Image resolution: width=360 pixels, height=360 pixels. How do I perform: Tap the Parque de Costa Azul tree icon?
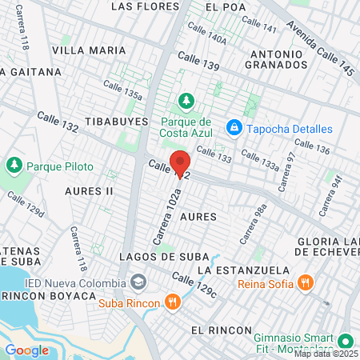pyautogui.click(x=186, y=100)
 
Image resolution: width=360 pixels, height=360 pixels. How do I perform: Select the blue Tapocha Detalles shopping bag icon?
pyautogui.click(x=234, y=128)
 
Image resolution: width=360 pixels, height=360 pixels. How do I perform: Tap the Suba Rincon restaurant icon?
pyautogui.click(x=172, y=302)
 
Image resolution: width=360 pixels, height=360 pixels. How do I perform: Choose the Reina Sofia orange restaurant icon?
pyautogui.click(x=305, y=282)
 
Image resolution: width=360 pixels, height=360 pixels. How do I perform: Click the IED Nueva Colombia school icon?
pyautogui.click(x=139, y=283)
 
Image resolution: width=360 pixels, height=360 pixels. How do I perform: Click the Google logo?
pyautogui.click(x=26, y=350)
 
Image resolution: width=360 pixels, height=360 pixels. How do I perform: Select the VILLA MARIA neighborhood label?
pyautogui.click(x=89, y=50)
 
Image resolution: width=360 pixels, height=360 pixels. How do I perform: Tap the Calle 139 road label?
pyautogui.click(x=198, y=59)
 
